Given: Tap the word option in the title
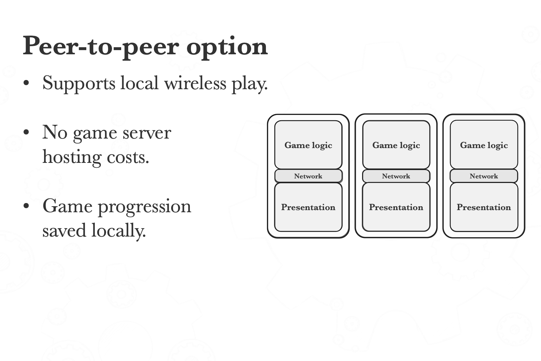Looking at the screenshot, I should pyautogui.click(x=227, y=46).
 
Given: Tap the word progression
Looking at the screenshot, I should pyautogui.click(x=144, y=207).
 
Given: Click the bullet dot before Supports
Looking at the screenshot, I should pyautogui.click(x=26, y=84).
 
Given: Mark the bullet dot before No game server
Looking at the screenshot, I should pyautogui.click(x=26, y=133).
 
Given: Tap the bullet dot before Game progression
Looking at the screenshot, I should pyautogui.click(x=26, y=207).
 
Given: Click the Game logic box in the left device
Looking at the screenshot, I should pyautogui.click(x=308, y=145).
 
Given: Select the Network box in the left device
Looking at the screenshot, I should pyautogui.click(x=308, y=176).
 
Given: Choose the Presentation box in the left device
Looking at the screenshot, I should pyautogui.click(x=308, y=207).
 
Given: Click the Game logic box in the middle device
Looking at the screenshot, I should pyautogui.click(x=396, y=145).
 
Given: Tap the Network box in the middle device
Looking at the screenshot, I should pyautogui.click(x=396, y=176).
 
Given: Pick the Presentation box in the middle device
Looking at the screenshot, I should pyautogui.click(x=396, y=207).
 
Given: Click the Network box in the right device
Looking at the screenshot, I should pyautogui.click(x=484, y=176).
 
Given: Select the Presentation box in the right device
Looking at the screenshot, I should pyautogui.click(x=484, y=207).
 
